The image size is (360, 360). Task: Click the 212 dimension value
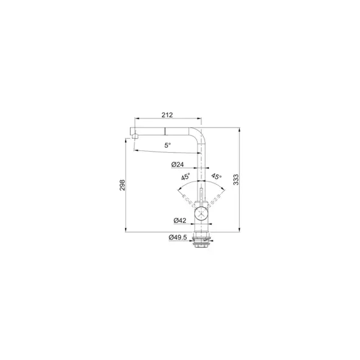click(168, 115)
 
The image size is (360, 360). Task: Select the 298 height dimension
click(122, 185)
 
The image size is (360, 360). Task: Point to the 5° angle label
click(167, 145)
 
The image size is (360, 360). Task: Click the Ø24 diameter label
click(178, 165)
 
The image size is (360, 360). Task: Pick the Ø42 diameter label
click(179, 220)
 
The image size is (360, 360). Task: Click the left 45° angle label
click(185, 178)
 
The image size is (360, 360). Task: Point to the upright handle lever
click(201, 195)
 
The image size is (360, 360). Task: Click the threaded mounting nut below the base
click(201, 240)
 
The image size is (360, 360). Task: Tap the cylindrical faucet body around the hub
click(201, 223)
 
